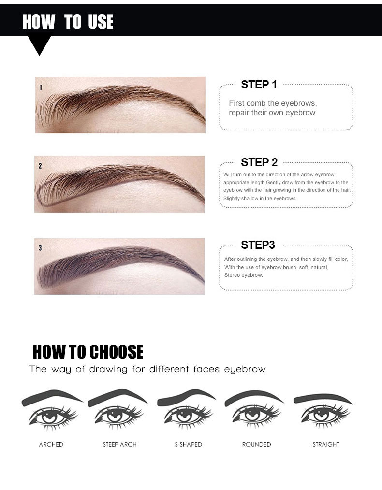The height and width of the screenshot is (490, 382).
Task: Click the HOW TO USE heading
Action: pyautogui.click(x=68, y=22)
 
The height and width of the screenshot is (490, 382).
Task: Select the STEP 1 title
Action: pyautogui.click(x=259, y=85)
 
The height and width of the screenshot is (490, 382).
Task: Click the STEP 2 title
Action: pyautogui.click(x=259, y=162)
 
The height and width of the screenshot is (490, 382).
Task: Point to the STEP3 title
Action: pyautogui.click(x=258, y=245)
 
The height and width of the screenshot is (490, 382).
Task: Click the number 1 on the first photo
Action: pyautogui.click(x=41, y=87)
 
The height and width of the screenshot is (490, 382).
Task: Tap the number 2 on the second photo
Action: pyautogui.click(x=40, y=166)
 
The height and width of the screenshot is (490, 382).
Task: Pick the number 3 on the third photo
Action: pyautogui.click(x=40, y=248)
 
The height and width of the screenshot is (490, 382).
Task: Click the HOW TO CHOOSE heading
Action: pyautogui.click(x=88, y=352)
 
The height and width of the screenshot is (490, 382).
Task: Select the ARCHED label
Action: pyautogui.click(x=51, y=444)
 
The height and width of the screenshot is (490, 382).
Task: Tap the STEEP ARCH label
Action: pyautogui.click(x=120, y=444)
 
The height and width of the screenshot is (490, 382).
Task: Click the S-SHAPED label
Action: pyautogui.click(x=188, y=444)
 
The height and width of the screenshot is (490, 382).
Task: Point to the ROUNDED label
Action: pyautogui.click(x=256, y=444)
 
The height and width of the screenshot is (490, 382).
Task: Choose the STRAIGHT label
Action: pyautogui.click(x=326, y=444)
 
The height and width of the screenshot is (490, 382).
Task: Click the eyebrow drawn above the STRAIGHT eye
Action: pyautogui.click(x=322, y=398)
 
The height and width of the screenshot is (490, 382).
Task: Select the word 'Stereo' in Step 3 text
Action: pyautogui.click(x=232, y=275)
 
